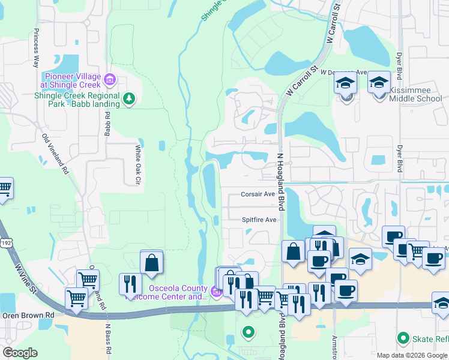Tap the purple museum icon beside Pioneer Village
click(x=109, y=79)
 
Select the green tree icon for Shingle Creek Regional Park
click(x=128, y=98)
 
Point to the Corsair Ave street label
click(x=258, y=194)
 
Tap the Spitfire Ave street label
click(x=259, y=220)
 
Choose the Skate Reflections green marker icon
click(x=403, y=338)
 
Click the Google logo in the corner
click(x=20, y=353)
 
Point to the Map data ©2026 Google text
click(x=411, y=355)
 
